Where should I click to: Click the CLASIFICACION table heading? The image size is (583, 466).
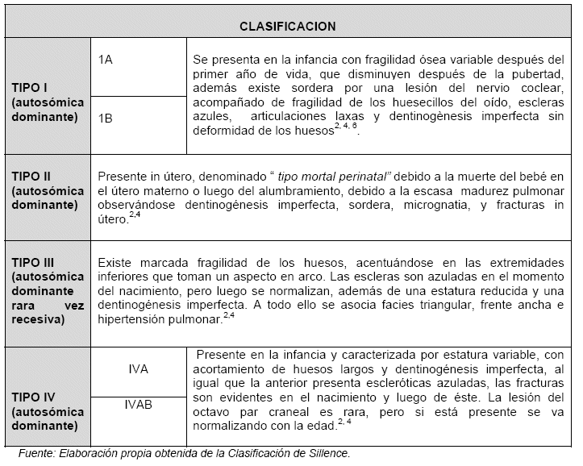click(x=288, y=26)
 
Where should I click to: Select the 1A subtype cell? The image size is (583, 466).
click(x=106, y=60)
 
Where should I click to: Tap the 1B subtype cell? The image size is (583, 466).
click(x=106, y=118)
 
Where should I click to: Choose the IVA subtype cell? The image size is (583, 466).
click(x=139, y=368)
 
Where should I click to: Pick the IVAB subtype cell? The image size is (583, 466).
click(x=139, y=406)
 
